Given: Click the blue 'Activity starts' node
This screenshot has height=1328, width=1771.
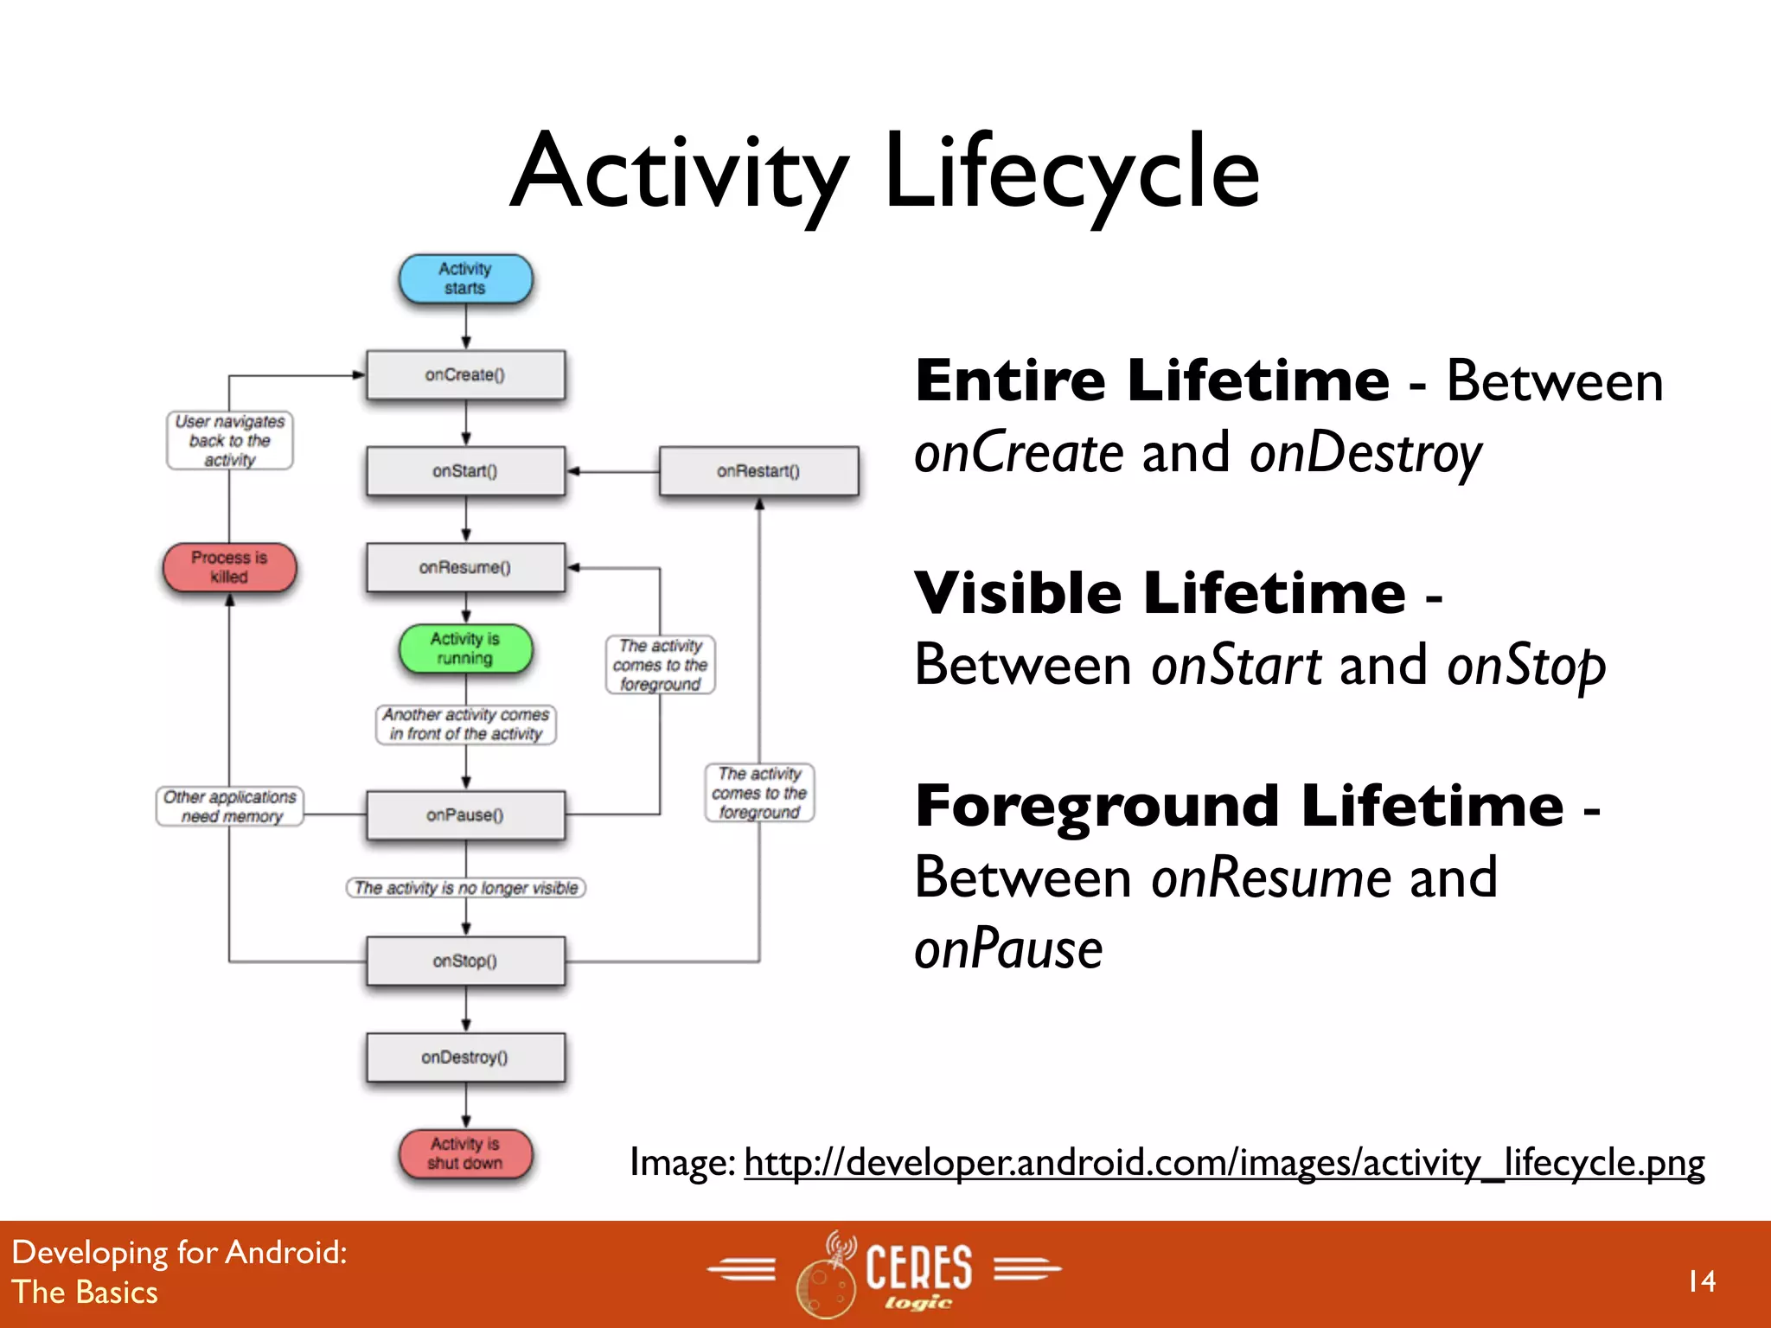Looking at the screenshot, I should (x=465, y=278).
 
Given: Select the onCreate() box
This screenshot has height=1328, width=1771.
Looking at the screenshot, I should (x=465, y=375).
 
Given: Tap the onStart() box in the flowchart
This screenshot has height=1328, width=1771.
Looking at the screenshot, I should (x=465, y=471).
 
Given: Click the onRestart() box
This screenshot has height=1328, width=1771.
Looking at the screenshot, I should (x=758, y=471).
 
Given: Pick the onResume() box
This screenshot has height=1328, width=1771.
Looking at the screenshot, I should (x=465, y=568).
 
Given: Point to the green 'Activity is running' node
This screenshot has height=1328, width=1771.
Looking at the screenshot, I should (x=465, y=648).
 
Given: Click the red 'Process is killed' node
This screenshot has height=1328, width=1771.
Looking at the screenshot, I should (x=229, y=567).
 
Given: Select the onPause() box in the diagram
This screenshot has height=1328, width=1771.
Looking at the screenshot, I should (x=465, y=815).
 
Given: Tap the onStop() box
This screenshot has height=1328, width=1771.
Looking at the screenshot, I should (x=465, y=961).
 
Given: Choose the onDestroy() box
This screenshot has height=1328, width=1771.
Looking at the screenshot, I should (x=465, y=1057).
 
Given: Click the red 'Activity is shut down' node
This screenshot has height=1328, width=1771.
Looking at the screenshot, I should (x=465, y=1153).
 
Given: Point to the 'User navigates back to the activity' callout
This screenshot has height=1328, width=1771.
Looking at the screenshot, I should (x=229, y=441).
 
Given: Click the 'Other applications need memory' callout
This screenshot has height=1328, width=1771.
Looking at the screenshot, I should (x=230, y=807).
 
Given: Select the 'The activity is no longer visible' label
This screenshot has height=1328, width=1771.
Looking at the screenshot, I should (x=466, y=888).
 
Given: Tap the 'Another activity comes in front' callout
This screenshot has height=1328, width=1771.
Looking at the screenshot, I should (x=466, y=725).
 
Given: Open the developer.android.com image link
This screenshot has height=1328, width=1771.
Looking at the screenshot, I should (x=1224, y=1163).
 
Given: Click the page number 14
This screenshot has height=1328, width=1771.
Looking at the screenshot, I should (x=1701, y=1281).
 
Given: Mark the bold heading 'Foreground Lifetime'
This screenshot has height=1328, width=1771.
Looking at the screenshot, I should (x=1239, y=806).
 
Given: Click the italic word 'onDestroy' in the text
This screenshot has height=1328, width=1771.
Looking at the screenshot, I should (x=1365, y=453).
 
